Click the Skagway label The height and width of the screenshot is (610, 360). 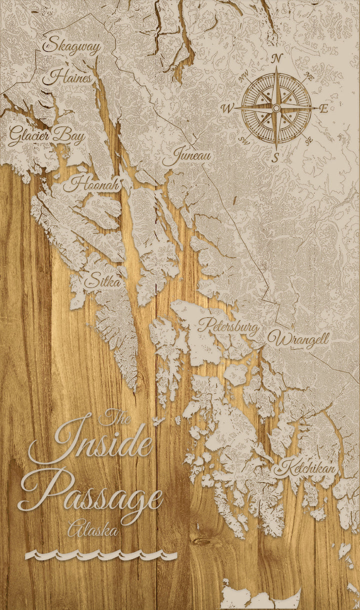point(72,46)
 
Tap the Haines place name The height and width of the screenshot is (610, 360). point(67,77)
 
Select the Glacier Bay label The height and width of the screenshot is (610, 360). point(46,135)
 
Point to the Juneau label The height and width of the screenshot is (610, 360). point(186,157)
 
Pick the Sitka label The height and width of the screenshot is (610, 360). point(102,281)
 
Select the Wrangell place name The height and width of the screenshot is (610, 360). point(298,339)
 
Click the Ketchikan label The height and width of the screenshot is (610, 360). point(306,468)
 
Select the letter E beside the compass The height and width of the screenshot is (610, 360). point(323,108)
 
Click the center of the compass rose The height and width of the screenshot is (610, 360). point(276,108)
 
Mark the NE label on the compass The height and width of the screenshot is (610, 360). point(308,77)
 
